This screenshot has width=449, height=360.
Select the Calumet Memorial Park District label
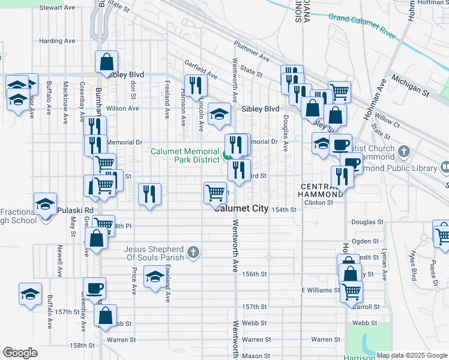pyautogui.click(x=184, y=156)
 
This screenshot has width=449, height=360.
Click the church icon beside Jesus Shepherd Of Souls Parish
pyautogui.click(x=193, y=253)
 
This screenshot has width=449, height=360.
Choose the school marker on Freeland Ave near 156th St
pyautogui.click(x=155, y=277)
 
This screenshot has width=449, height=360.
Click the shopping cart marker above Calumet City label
pyautogui.click(x=215, y=193)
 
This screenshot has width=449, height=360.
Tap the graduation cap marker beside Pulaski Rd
pyautogui.click(x=45, y=204)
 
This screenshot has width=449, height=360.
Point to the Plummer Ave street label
pyautogui.click(x=252, y=58)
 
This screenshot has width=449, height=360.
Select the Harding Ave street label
pyautogui.click(x=57, y=41)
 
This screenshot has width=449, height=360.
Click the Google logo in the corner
pyautogui.click(x=20, y=353)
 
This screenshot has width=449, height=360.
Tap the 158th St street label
pyautogui.click(x=82, y=346)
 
